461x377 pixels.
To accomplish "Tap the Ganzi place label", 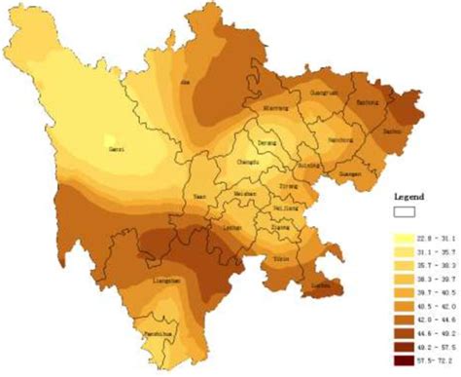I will pos(115,149).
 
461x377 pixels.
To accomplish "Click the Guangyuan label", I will pos(322,93).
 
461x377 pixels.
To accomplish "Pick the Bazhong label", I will pos(368,101).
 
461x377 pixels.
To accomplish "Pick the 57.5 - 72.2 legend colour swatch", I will pos(399,359).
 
